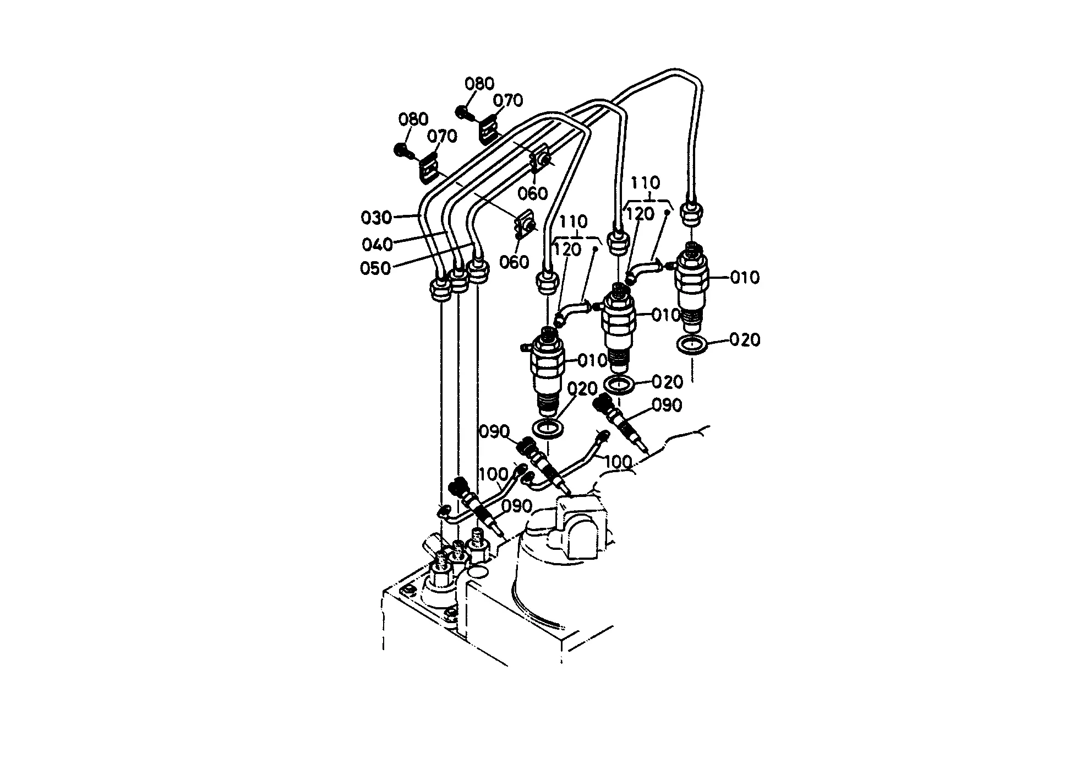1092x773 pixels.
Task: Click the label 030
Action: click(x=376, y=218)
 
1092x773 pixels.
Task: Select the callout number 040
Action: click(x=377, y=244)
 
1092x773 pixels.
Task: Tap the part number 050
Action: click(x=375, y=268)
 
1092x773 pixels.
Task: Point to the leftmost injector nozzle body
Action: click(x=547, y=372)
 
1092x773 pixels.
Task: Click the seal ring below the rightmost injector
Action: click(x=692, y=345)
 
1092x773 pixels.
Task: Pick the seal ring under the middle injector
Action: click(x=619, y=384)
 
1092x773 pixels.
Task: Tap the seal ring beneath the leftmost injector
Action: click(x=548, y=428)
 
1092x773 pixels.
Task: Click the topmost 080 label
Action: click(x=479, y=84)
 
